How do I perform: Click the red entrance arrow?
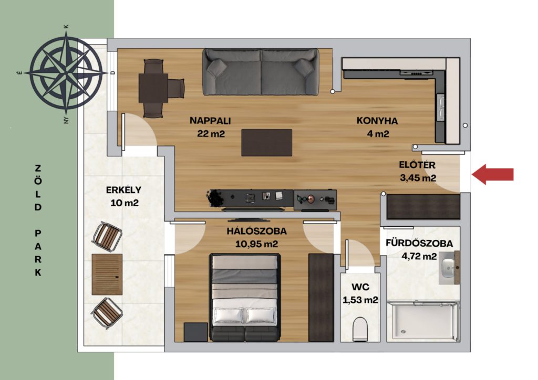point(493,174)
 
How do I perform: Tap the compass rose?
point(67,72)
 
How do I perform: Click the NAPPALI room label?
point(210,121)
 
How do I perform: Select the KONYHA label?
point(377,121)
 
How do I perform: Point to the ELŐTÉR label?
point(417,165)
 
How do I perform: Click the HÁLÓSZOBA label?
point(256,231)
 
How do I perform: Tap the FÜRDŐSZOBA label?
point(419,243)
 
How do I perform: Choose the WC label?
point(360,287)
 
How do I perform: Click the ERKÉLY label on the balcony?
point(123,190)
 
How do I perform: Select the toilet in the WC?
point(360,329)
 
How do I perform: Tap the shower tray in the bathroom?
point(423,321)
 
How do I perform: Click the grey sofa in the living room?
point(261,72)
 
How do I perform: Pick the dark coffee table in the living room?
point(266,143)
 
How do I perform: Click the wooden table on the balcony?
point(107,275)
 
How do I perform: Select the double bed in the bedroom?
point(245,298)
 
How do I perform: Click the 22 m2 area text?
point(211,134)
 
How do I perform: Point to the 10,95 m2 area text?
point(256,244)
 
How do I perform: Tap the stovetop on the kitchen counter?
point(417,72)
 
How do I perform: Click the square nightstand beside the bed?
point(195,332)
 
